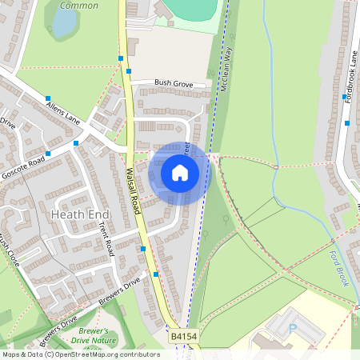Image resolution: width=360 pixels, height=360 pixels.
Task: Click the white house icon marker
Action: click(180, 173)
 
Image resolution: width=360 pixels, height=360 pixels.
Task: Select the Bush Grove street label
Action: click(174, 82)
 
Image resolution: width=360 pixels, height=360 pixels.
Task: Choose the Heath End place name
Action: click(78, 214)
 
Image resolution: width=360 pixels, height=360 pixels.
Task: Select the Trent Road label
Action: click(106, 239)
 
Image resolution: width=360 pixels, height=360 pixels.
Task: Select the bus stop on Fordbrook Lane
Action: click(347, 123)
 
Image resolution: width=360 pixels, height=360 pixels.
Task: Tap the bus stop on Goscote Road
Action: click(48, 154)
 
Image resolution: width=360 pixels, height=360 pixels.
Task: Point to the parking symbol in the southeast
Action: click(291, 327)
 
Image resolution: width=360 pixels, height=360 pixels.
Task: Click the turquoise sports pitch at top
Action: click(193, 10)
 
